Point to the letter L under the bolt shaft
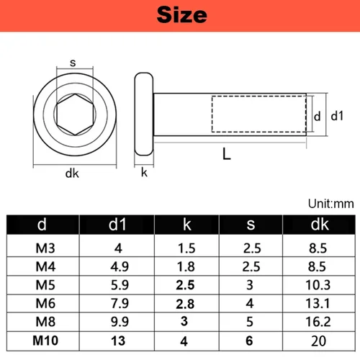click(226, 153)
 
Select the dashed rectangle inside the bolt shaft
click(259, 115)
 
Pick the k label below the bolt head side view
click(144, 172)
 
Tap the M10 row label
click(42, 340)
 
